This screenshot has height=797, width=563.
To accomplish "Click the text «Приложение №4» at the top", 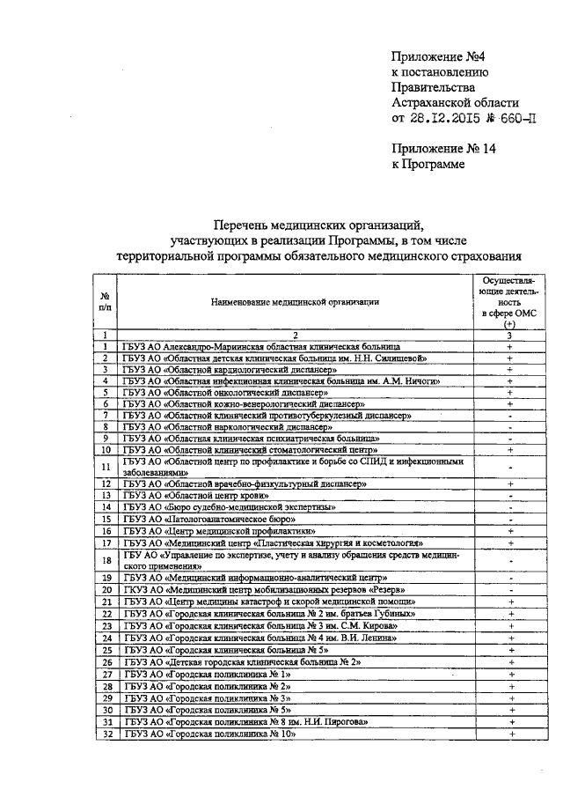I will pos(435,57).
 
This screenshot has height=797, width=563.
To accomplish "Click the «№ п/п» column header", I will pos(105,301).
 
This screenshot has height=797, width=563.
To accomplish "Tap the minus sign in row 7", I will pos(510,415).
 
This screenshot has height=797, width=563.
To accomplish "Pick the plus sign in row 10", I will pos(510,449).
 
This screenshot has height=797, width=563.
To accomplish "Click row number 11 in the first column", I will pos(105,466).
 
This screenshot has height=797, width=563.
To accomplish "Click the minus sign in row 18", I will pos(510,560).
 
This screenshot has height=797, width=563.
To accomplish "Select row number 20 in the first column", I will pos(105,589).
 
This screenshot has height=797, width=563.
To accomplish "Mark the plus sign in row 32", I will pos(510,733).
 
